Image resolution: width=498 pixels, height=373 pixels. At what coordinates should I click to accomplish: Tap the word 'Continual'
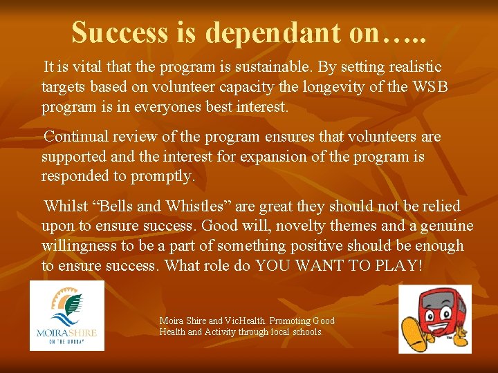coord(77,137)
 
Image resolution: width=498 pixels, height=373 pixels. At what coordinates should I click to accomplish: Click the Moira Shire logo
coord(67,315)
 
